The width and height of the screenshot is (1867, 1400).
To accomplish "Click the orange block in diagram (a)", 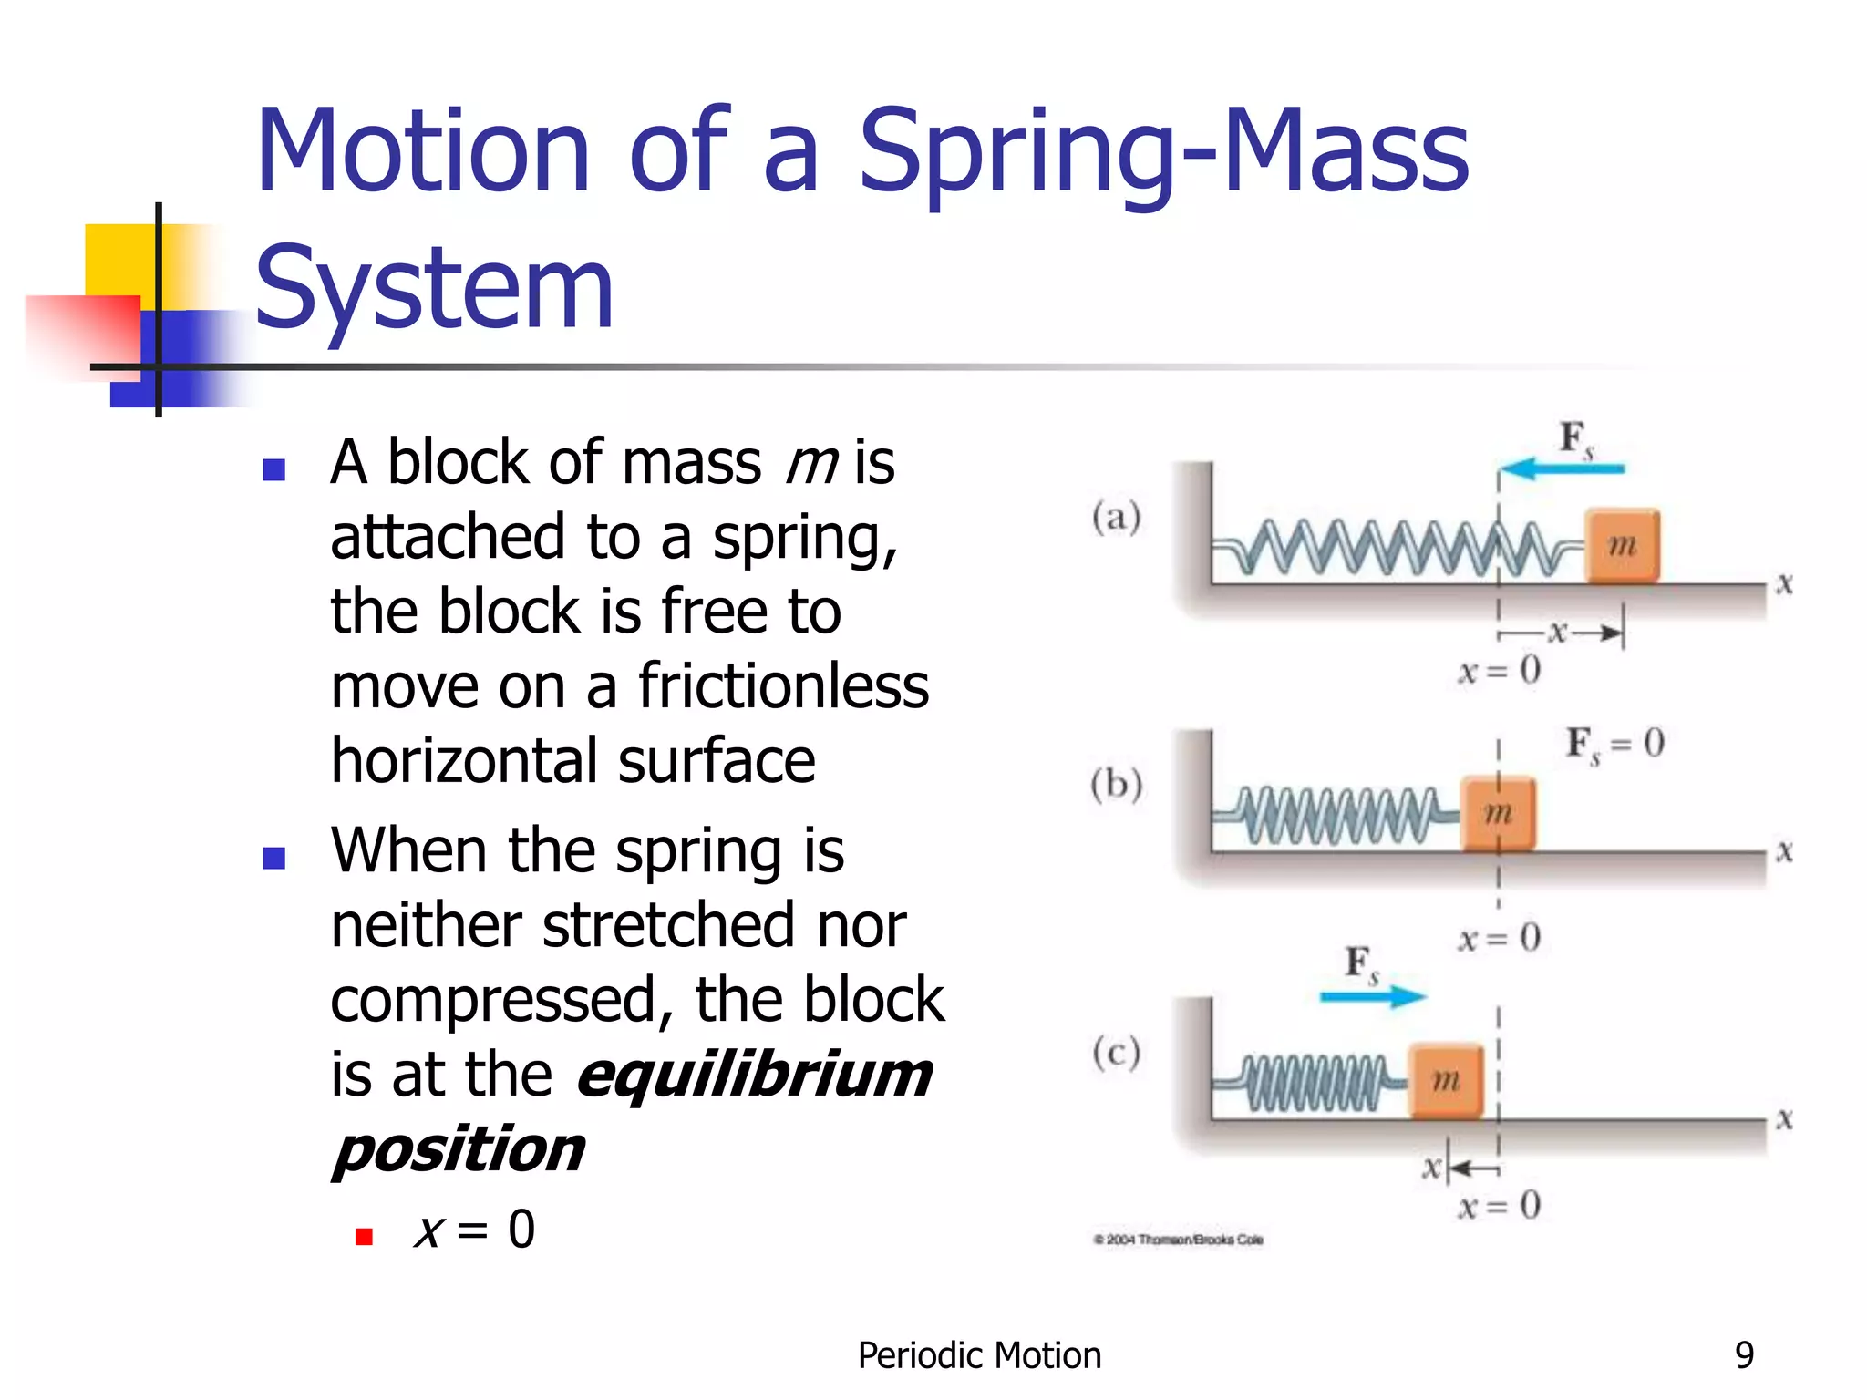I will click(1622, 546).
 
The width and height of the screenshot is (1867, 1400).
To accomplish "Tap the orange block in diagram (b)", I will click(1498, 813).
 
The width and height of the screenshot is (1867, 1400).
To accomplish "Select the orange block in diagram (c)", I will click(1446, 1081).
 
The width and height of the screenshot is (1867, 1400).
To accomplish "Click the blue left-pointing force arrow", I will click(1561, 469).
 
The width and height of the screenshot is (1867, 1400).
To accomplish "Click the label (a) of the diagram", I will click(1117, 517).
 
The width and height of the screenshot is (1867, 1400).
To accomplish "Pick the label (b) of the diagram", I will click(1117, 785).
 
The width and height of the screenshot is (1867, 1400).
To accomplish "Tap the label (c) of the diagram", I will click(1117, 1053).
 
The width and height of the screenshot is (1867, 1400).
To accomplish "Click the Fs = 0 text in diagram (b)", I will click(1614, 744).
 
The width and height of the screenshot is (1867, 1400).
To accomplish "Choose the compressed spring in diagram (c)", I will click(1313, 1083).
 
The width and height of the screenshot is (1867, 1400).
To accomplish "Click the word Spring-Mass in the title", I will click(1163, 153).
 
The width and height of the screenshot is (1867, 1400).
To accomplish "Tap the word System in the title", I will click(435, 290).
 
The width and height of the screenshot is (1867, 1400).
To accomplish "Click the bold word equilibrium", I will click(755, 1076).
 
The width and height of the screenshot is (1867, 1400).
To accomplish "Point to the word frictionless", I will click(783, 685).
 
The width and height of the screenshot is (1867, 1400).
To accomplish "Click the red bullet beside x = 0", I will click(364, 1236).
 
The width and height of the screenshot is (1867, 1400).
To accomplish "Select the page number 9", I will click(1744, 1355).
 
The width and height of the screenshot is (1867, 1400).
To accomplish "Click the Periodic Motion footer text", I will click(979, 1355).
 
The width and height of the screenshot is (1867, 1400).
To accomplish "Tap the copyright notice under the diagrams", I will click(1178, 1240).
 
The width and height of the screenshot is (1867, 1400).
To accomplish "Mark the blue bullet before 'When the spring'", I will click(273, 858).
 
